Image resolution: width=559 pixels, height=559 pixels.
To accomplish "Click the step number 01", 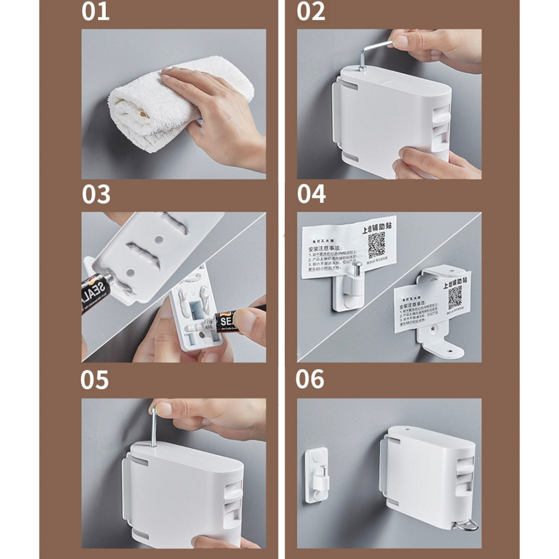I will [x=96, y=11].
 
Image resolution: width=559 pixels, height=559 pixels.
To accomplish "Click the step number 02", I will [x=311, y=11].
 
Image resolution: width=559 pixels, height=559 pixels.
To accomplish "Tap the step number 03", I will [x=96, y=194].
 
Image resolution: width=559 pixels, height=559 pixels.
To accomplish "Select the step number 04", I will [x=311, y=194].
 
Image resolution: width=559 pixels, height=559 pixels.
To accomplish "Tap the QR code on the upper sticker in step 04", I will [x=376, y=245].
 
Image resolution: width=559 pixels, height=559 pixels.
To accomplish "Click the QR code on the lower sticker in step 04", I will [x=455, y=297].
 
